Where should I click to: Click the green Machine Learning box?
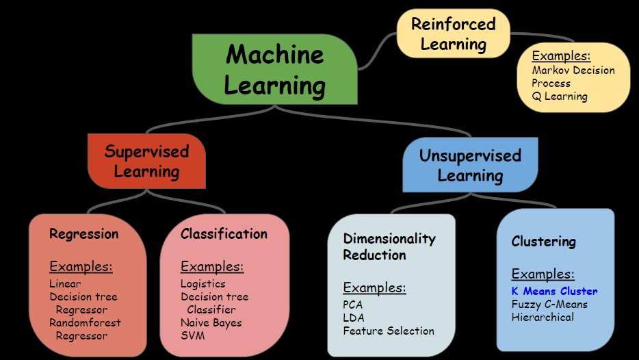coord(275,69)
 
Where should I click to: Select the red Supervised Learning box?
coord(146,161)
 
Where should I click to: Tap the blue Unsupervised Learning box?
coord(470,165)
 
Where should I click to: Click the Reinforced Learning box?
coord(453,34)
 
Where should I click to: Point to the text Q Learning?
coord(560,97)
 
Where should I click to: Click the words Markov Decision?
coord(573,70)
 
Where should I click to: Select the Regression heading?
coord(83,234)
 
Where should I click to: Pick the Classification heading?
coord(224,234)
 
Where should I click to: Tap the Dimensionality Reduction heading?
coord(389,246)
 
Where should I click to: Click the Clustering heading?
coord(543,242)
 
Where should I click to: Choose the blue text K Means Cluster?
coord(554,292)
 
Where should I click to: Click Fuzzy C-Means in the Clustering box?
coord(549,304)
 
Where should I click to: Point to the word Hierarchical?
coord(543,317)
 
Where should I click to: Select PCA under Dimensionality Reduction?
coord(354,305)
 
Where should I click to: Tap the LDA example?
coord(354,318)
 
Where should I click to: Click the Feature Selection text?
coord(389,331)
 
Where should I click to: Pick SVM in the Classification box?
coord(192,335)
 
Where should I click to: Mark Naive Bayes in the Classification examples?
coord(211,322)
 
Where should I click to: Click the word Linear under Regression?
coord(65,283)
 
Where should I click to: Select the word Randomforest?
coord(85,322)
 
